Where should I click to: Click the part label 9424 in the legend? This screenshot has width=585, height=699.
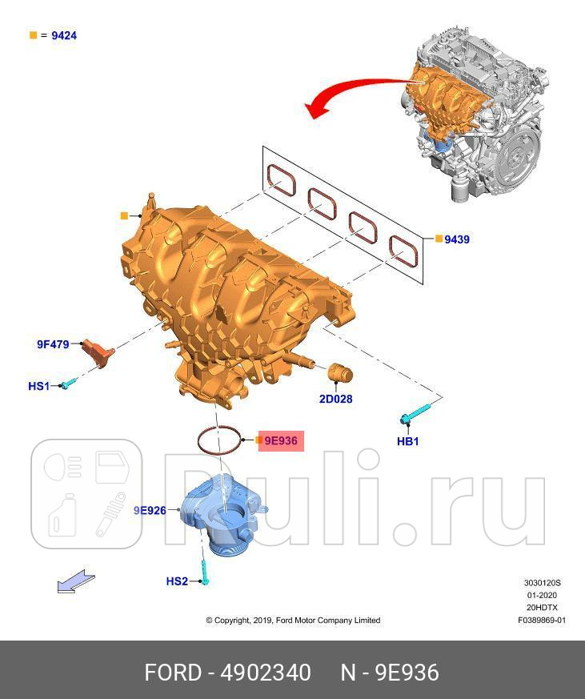(63, 36)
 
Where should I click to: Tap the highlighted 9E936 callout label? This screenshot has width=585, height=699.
(281, 440)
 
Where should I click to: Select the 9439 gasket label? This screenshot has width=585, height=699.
(457, 239)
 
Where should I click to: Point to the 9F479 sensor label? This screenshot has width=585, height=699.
(53, 344)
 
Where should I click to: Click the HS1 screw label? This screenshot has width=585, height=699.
(38, 386)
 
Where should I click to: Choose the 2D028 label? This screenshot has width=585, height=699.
(335, 399)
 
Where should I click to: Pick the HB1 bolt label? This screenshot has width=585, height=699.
(408, 441)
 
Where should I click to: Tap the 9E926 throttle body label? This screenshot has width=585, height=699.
(150, 510)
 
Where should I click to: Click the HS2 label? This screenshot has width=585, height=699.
(177, 580)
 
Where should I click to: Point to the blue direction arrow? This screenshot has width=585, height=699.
(76, 583)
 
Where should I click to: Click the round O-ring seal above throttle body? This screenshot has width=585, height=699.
(220, 440)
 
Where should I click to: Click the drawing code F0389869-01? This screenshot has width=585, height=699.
(541, 620)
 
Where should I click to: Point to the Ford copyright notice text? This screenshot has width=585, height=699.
(293, 620)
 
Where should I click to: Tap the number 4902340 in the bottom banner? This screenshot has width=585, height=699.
(267, 673)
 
